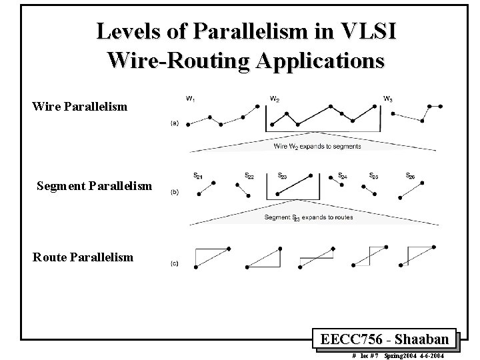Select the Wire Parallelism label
click(x=80, y=106)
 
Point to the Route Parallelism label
click(x=83, y=257)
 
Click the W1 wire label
click(x=190, y=99)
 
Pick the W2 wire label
click(x=274, y=99)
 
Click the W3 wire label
click(x=387, y=99)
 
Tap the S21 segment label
click(x=198, y=177)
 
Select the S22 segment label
click(x=249, y=177)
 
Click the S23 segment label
click(x=282, y=177)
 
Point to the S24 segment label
click(x=342, y=177)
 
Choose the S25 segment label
click(x=374, y=177)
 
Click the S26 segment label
click(x=411, y=176)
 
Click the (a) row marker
click(x=174, y=123)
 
